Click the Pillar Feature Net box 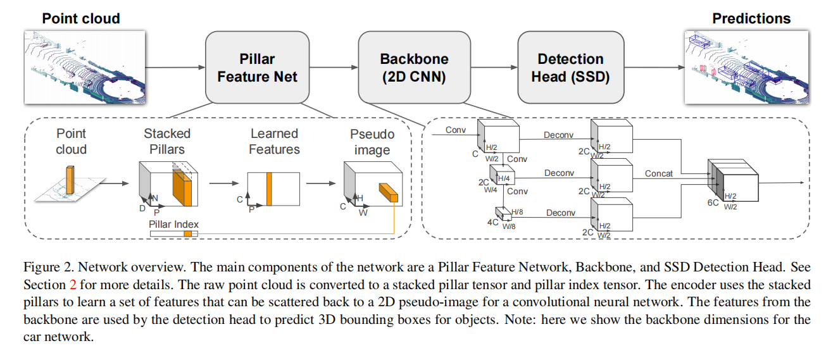(x=257, y=68)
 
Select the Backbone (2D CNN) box (x=414, y=68)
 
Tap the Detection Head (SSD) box (x=570, y=68)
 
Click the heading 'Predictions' (x=751, y=18)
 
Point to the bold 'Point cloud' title (x=81, y=18)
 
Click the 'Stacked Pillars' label (x=167, y=141)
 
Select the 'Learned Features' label (x=273, y=141)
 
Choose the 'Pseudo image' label (x=372, y=141)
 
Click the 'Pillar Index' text (x=173, y=224)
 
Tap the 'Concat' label (x=659, y=173)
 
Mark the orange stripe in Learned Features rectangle (x=269, y=189)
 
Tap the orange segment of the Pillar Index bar (x=187, y=234)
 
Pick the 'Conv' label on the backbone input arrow (x=456, y=130)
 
